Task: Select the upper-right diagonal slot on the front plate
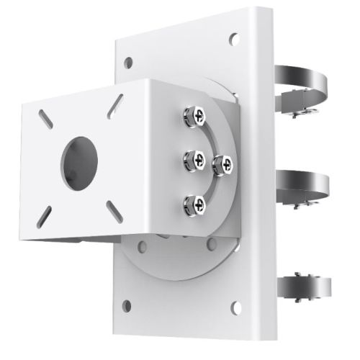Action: tap(113, 106)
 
